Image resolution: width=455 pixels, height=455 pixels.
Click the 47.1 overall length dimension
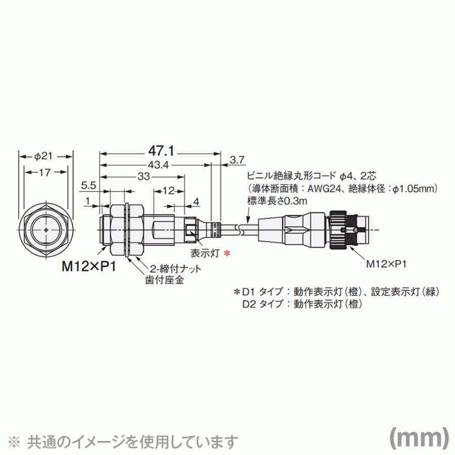[x=161, y=151]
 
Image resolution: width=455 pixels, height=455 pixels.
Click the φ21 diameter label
[x=45, y=156]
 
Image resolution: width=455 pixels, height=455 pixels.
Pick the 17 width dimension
[x=45, y=173]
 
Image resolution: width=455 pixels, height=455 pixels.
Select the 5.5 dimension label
[x=87, y=186]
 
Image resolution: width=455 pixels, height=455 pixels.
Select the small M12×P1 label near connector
[x=387, y=263]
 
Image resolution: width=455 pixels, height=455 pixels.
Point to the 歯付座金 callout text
[x=161, y=280]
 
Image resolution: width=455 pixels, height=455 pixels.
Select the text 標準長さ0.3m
[x=277, y=201]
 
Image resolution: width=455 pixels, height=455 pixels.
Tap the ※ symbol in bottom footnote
[x=16, y=439]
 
